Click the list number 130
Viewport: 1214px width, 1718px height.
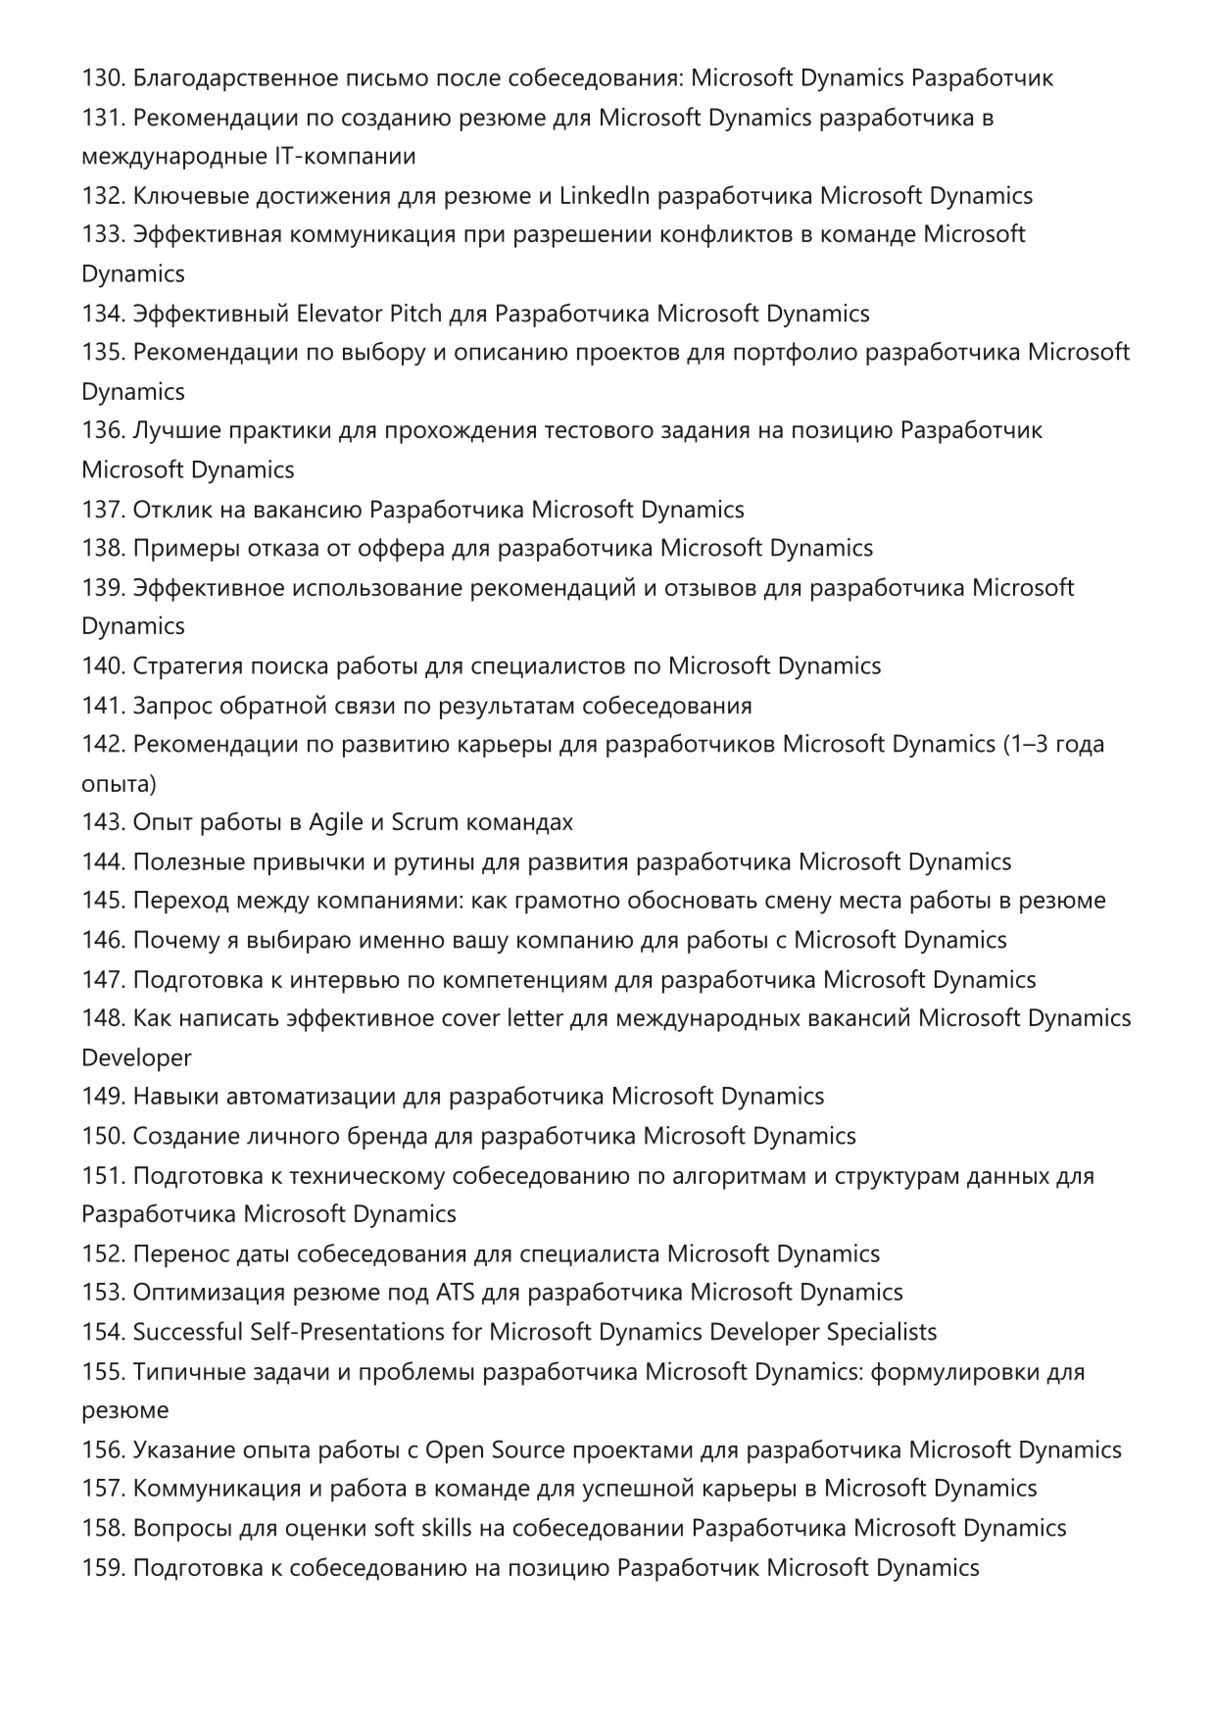[103, 78]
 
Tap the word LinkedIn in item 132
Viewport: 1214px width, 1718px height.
[604, 196]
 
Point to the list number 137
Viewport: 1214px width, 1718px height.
[103, 510]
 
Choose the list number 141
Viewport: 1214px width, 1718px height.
[103, 706]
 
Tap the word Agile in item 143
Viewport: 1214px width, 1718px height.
[336, 822]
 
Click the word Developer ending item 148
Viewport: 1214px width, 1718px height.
[136, 1057]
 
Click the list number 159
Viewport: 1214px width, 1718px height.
[103, 1567]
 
